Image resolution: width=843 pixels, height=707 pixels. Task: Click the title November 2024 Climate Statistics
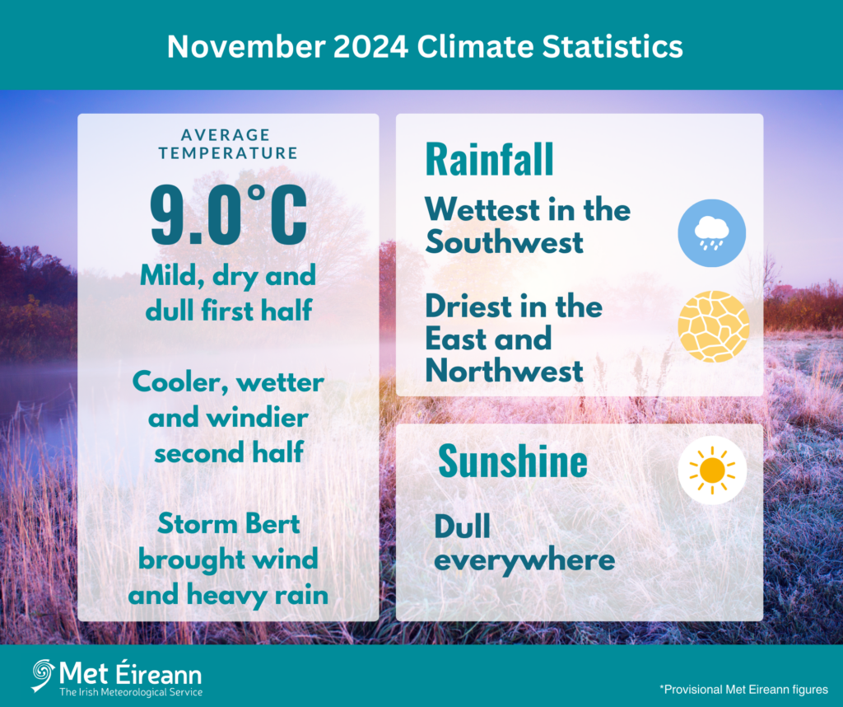tap(424, 46)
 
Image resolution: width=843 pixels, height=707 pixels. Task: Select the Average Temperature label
tap(228, 143)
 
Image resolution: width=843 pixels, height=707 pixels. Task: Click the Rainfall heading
tap(489, 160)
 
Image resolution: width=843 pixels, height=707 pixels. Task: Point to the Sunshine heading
tap(512, 461)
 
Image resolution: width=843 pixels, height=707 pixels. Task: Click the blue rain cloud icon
tap(711, 232)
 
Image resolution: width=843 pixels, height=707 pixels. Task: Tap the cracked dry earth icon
tap(713, 326)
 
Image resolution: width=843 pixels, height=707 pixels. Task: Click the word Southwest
tap(504, 242)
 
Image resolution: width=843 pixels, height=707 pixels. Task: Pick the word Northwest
tap(504, 371)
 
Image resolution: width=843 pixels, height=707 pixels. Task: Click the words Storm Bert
tap(228, 524)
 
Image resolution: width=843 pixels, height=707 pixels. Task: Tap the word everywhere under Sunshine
tap(524, 561)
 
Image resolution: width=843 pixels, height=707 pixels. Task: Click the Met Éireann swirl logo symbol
tap(43, 675)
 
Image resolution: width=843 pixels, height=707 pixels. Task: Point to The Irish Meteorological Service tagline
tap(131, 693)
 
